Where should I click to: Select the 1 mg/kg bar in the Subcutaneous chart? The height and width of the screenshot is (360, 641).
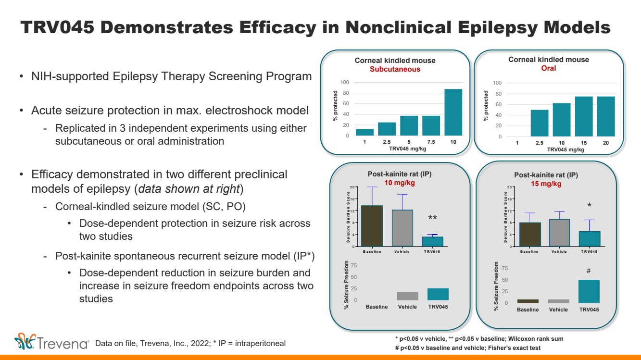click(364, 132)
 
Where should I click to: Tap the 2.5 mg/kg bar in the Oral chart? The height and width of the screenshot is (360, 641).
click(539, 123)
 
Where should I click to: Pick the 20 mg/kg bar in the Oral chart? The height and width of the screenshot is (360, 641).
click(606, 117)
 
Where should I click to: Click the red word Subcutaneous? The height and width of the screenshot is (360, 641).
click(395, 69)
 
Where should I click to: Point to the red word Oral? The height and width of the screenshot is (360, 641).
click(548, 68)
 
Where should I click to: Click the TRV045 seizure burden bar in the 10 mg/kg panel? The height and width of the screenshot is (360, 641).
click(433, 241)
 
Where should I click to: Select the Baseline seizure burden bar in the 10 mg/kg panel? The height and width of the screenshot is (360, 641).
click(372, 226)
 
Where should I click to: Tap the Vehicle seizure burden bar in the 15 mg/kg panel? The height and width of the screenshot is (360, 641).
click(559, 233)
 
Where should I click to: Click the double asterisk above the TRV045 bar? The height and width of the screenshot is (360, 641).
click(432, 218)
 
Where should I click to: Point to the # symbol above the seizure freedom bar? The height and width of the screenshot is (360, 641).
click(588, 272)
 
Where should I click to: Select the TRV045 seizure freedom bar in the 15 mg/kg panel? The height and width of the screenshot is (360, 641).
click(589, 291)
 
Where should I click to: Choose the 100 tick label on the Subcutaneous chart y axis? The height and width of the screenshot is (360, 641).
click(344, 82)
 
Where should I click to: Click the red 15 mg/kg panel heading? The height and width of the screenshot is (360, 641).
click(546, 184)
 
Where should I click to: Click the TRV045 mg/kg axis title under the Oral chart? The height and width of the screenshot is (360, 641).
click(566, 149)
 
